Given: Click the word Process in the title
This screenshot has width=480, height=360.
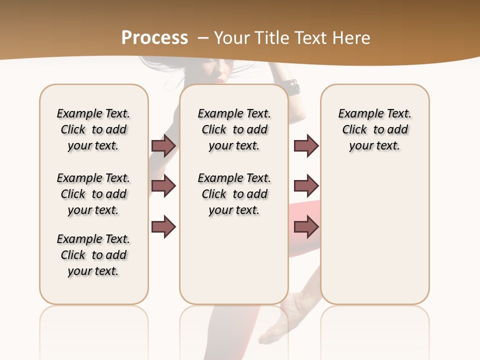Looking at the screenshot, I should pos(154,37).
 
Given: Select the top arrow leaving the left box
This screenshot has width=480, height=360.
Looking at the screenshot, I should pos(163,145).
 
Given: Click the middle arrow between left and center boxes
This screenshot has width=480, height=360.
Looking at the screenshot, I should pos(163,186).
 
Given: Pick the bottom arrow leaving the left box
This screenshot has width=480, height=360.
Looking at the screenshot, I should pos(163,226).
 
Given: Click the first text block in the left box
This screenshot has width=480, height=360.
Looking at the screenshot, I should pos(93,129).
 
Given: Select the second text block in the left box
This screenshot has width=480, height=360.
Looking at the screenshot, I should pos(93,194).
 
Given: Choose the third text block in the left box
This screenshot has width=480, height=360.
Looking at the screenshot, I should pos(93,255).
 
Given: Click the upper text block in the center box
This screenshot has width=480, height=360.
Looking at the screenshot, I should pos(234,129).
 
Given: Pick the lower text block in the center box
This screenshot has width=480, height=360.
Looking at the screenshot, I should pos(234,194).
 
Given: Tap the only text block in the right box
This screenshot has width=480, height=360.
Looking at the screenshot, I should pos(374,129).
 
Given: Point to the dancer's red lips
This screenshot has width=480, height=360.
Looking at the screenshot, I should pos(218,79).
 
